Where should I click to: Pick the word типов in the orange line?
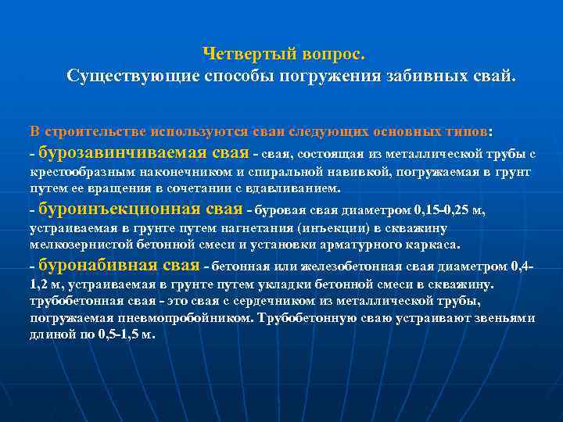point(467,130)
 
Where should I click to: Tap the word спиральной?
point(292,171)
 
